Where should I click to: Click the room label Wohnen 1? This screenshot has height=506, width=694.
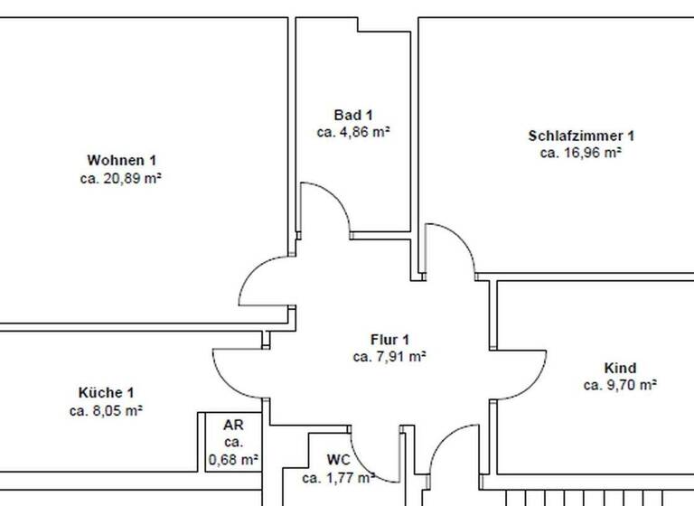121,161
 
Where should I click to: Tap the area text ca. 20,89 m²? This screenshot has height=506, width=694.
121,179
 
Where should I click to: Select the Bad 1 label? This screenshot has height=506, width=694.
353,115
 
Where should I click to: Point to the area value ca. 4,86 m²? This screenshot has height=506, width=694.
353,132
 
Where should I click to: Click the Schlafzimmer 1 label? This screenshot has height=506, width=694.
581,136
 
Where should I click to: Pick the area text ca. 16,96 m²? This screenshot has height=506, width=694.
581,153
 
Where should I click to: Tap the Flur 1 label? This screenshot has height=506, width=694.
389,339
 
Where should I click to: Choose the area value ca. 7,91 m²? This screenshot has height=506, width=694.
389,356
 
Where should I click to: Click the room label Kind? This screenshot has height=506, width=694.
620,368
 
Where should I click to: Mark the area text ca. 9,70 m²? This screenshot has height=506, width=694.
620,385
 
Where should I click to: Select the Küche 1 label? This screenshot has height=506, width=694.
106,392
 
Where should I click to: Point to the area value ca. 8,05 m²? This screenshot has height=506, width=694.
106,410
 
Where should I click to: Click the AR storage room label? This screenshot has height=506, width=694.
233,425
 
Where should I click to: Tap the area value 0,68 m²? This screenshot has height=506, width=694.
234,460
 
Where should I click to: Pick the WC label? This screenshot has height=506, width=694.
338,460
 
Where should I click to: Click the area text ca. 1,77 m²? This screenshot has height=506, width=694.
338,477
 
